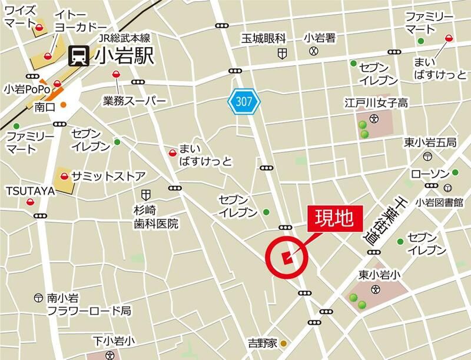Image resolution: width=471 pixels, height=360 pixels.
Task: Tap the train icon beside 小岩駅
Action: (x=78, y=56)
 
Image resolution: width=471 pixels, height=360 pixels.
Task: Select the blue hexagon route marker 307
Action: (x=244, y=102)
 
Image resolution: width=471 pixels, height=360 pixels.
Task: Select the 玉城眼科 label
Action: (x=263, y=39)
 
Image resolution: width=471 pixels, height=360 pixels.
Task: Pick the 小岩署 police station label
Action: (x=320, y=38)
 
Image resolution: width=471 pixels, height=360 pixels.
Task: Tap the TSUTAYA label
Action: (x=30, y=191)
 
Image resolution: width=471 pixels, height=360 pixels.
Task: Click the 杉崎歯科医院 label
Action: (x=155, y=216)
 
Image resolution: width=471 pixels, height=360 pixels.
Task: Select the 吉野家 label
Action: (x=261, y=343)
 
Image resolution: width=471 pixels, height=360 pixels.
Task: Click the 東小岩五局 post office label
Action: (x=430, y=142)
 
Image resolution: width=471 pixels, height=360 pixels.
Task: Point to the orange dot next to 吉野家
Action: (x=283, y=343)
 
